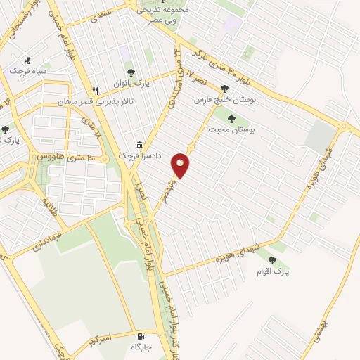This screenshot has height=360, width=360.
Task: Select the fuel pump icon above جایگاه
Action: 143,336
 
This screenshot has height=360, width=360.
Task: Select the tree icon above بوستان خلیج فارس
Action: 224,89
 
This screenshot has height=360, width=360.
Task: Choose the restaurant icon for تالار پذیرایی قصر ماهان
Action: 96,91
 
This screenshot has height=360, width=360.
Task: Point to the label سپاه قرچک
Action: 27,71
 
